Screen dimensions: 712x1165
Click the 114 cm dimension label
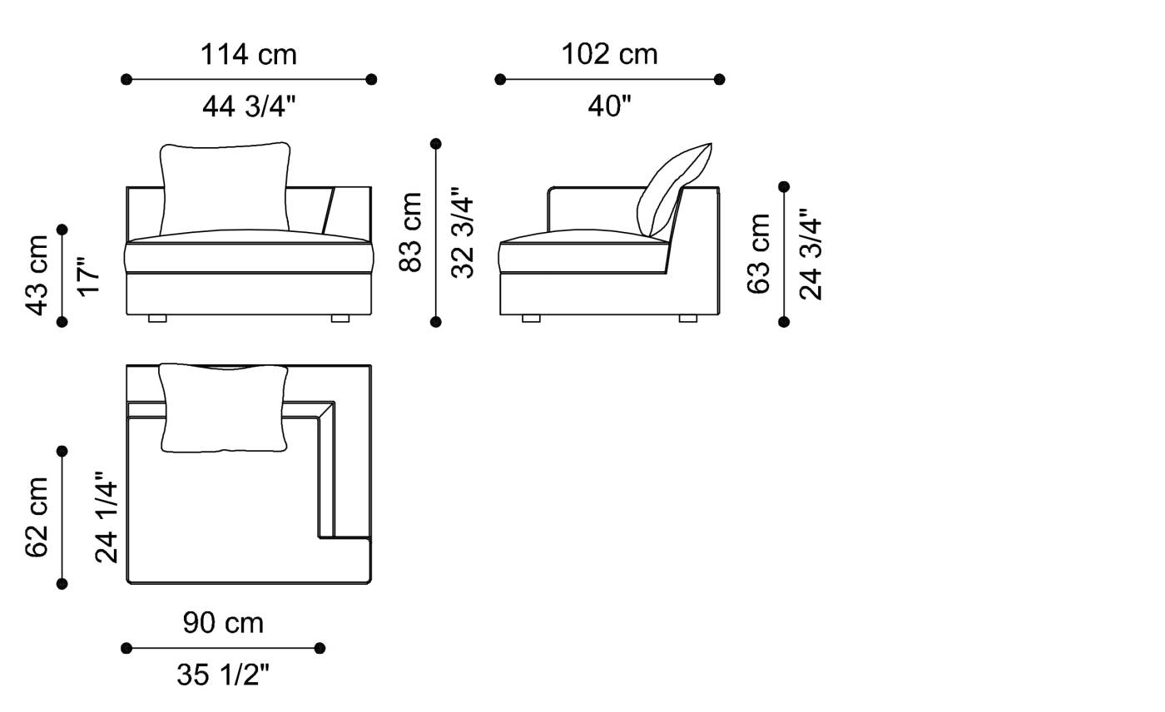[248, 55]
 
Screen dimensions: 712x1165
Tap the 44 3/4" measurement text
[248, 106]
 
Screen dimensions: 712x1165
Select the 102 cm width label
[609, 55]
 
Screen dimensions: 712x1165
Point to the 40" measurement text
[609, 106]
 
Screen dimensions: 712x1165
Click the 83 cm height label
[411, 232]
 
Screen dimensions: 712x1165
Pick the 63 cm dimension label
[759, 254]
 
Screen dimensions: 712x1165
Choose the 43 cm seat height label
[37, 275]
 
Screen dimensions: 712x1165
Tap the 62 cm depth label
[37, 517]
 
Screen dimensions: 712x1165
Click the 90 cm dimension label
[223, 623]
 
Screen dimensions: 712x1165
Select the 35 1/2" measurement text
[223, 675]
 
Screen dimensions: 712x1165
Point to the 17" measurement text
[87, 275]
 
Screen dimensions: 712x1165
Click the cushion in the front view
[225, 190]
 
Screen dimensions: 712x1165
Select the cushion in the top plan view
[224, 408]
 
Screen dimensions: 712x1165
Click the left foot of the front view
[157, 319]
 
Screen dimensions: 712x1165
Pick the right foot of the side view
[687, 319]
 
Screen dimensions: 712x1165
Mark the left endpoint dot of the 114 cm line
[126, 80]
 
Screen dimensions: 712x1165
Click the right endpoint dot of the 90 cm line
[320, 648]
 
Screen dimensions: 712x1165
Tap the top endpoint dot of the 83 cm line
[435, 144]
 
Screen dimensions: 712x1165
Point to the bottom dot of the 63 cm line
[784, 322]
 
